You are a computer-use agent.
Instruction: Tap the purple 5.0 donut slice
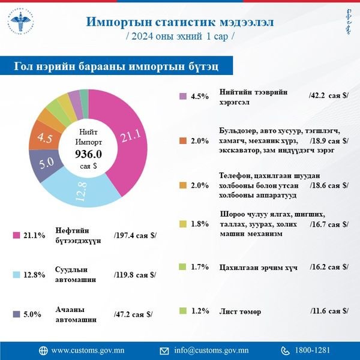[x=53, y=164]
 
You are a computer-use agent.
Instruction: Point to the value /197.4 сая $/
[x=134, y=235]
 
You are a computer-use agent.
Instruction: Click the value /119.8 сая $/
[x=135, y=275]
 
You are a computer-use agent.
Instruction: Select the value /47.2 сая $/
[x=133, y=313]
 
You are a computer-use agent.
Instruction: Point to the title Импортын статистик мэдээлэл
[x=180, y=22]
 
